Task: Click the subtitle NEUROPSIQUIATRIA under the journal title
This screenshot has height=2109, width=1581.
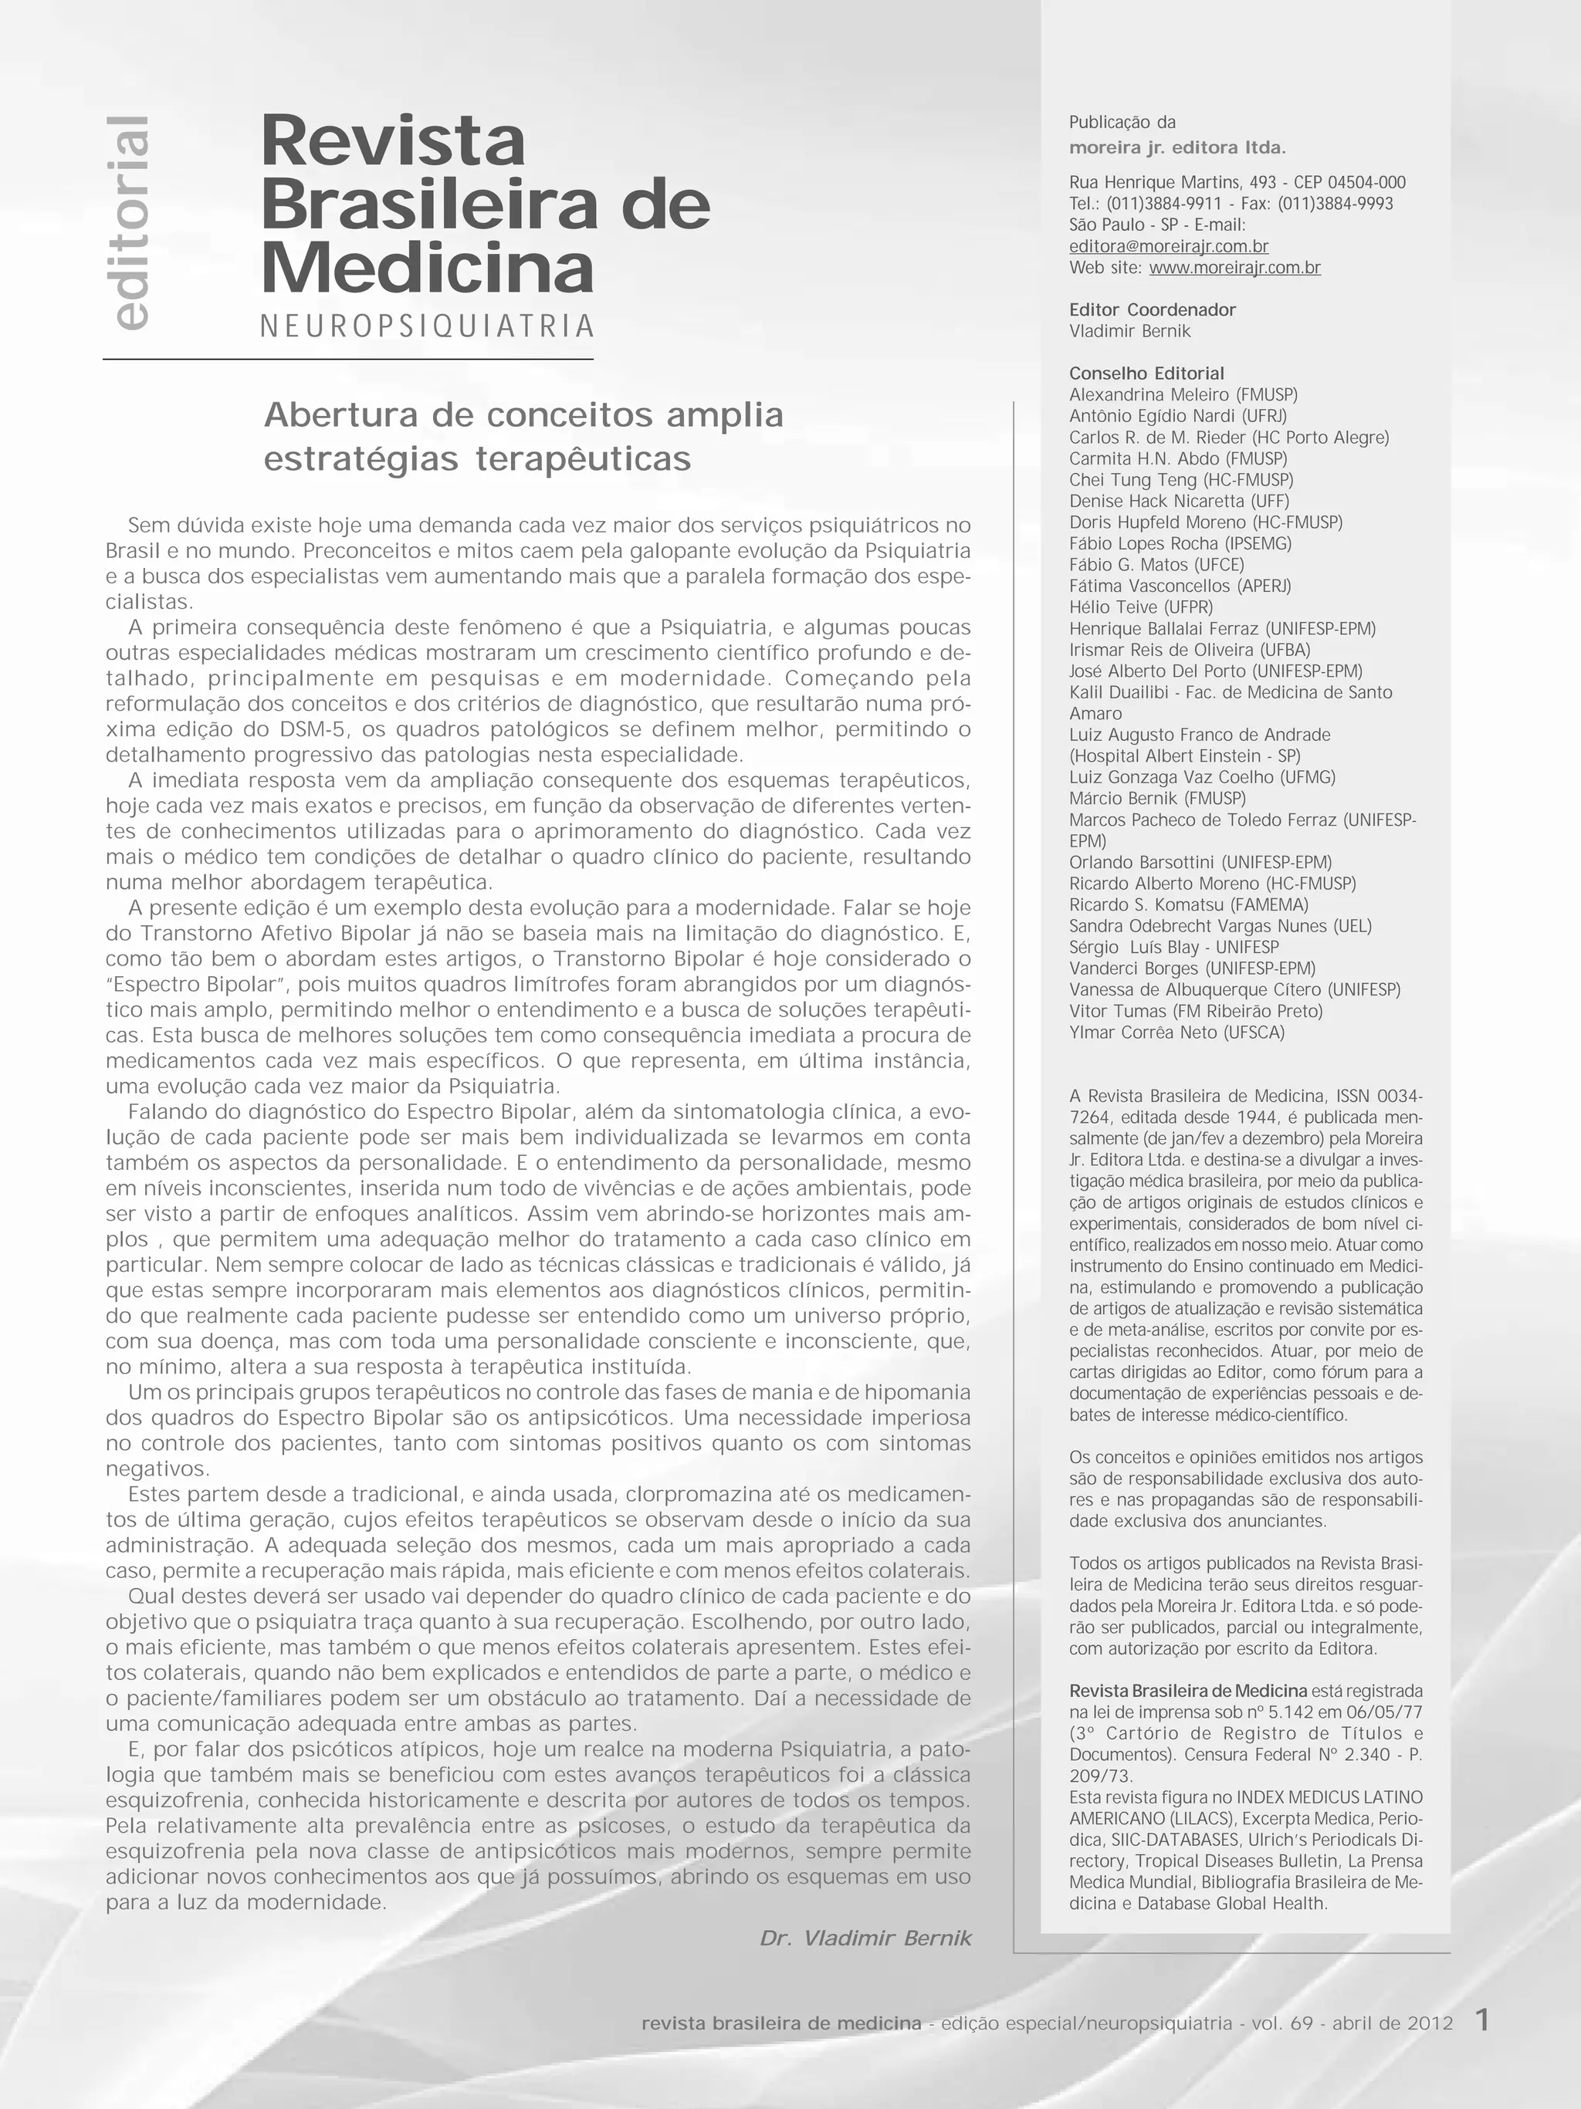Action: tap(427, 326)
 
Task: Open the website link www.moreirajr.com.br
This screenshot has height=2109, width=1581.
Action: tap(1235, 268)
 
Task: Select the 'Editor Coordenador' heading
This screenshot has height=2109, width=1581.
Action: tap(1152, 310)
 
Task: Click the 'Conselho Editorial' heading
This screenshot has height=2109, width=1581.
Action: tap(1146, 373)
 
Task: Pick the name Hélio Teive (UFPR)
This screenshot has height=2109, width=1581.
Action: tap(1140, 607)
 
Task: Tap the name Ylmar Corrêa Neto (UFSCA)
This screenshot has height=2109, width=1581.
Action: tap(1176, 1033)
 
